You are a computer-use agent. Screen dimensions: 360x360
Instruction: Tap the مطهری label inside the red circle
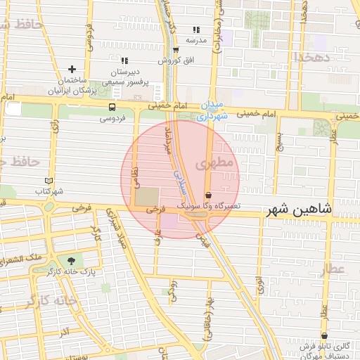point(214,163)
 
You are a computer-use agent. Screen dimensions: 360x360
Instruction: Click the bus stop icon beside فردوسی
point(112,107)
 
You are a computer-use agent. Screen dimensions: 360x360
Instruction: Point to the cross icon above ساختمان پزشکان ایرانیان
point(72,70)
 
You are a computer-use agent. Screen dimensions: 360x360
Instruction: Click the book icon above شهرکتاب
point(49,181)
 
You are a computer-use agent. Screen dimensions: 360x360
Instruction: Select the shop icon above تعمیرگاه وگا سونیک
point(208,195)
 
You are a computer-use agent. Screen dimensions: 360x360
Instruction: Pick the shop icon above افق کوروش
point(175,49)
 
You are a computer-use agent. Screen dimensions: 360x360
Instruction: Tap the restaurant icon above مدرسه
point(196,30)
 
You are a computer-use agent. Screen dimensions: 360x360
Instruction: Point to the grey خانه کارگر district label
point(51,300)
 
